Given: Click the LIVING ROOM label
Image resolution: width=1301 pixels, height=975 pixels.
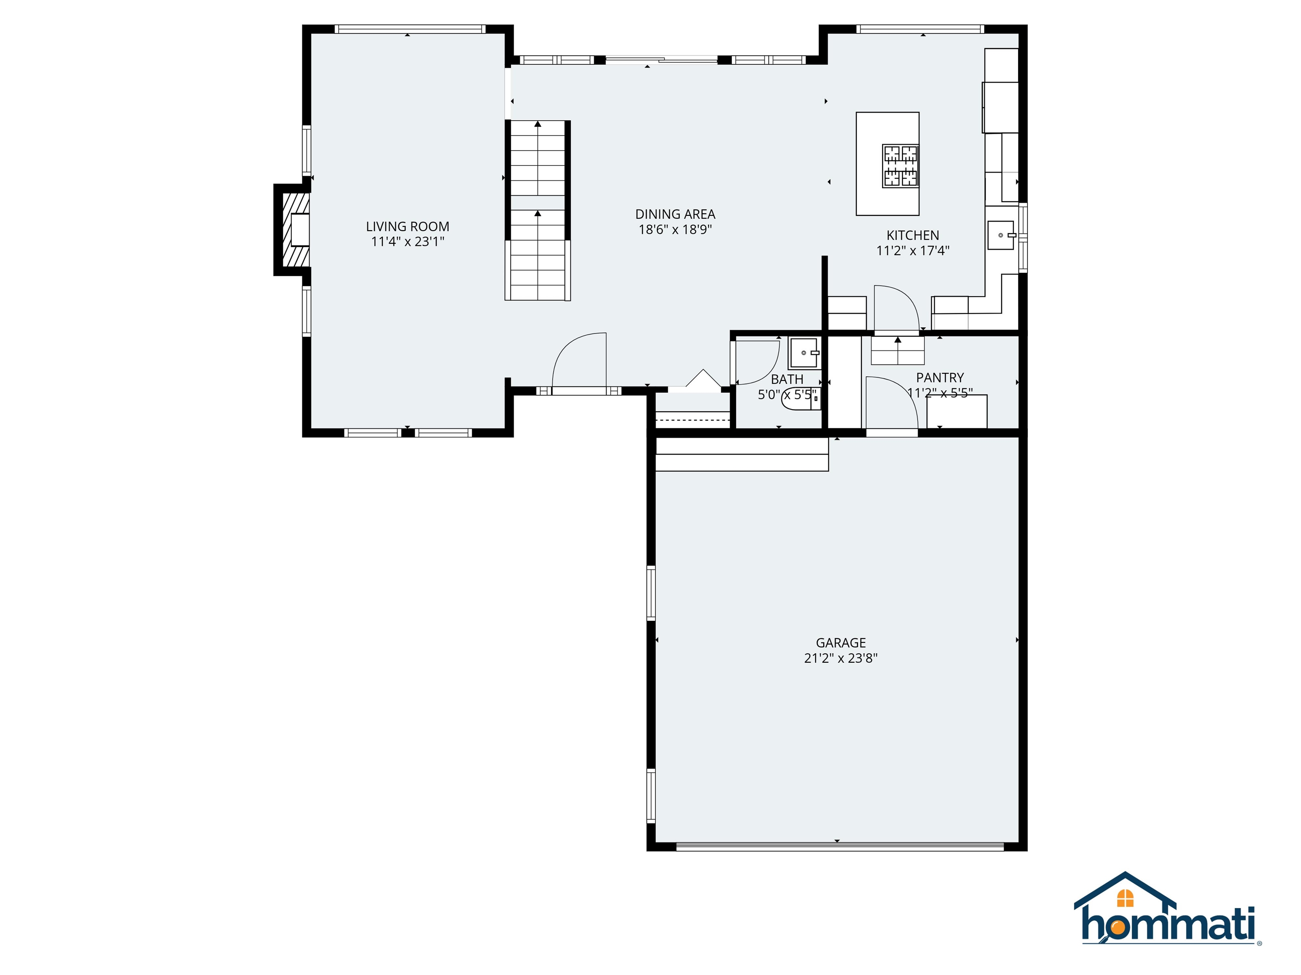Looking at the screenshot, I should click(x=407, y=226).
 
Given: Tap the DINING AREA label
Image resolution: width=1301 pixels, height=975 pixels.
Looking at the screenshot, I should click(x=675, y=215).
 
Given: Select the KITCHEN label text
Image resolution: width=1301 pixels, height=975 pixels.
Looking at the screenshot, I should click(x=913, y=235).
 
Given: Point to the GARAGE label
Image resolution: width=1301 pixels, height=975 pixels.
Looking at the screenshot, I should click(x=841, y=643).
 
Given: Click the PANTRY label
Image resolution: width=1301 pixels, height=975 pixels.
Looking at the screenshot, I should click(x=940, y=377).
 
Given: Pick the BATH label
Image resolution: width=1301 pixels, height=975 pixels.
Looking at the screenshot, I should click(x=787, y=379).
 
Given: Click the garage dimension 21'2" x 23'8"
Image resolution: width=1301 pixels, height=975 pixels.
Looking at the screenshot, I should click(x=841, y=658).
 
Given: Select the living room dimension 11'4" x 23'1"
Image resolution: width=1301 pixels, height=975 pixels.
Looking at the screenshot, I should click(x=407, y=242).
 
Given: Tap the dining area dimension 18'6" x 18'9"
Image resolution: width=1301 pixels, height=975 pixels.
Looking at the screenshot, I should click(x=675, y=230).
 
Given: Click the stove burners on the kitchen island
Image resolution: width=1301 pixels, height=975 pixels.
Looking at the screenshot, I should click(x=900, y=166).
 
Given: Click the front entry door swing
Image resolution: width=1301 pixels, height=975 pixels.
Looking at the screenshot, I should click(x=579, y=361).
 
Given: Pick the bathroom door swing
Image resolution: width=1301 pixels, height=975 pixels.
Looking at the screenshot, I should click(x=756, y=361).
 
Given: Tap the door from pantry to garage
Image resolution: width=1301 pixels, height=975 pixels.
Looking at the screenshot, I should click(x=891, y=405).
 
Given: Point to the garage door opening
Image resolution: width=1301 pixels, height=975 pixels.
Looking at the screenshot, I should click(x=840, y=847).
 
